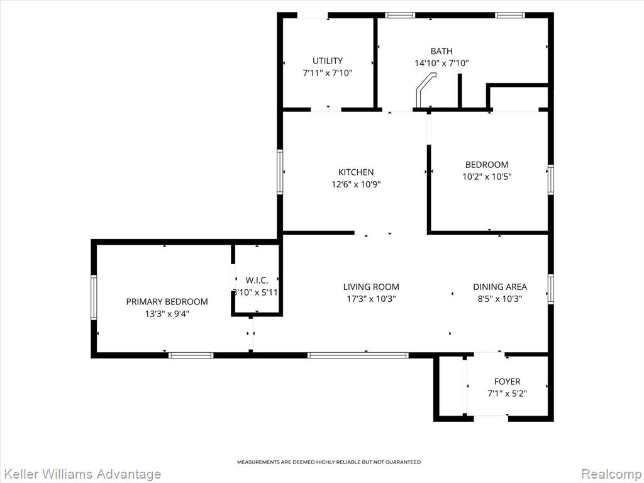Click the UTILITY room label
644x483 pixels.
[327, 61]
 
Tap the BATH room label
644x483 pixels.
[441, 51]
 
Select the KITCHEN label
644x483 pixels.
[356, 172]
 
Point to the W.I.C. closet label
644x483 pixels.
[257, 280]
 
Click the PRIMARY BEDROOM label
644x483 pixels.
[167, 302]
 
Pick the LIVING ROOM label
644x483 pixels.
[371, 287]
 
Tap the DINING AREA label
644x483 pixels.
[500, 287]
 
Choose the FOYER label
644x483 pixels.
[508, 382]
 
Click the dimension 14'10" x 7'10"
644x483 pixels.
[441, 64]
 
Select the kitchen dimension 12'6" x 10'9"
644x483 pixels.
[356, 184]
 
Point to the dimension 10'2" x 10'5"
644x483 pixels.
[487, 177]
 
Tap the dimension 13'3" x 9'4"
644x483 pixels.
[167, 314]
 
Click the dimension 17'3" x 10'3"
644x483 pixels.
[371, 299]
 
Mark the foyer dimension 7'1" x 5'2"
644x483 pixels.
[508, 394]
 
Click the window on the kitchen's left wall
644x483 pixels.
[280, 172]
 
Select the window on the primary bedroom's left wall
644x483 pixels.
[94, 297]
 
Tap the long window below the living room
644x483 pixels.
[358, 355]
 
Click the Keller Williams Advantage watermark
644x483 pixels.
[81, 474]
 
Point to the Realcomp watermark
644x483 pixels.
[612, 474]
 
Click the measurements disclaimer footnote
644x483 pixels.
[329, 462]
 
